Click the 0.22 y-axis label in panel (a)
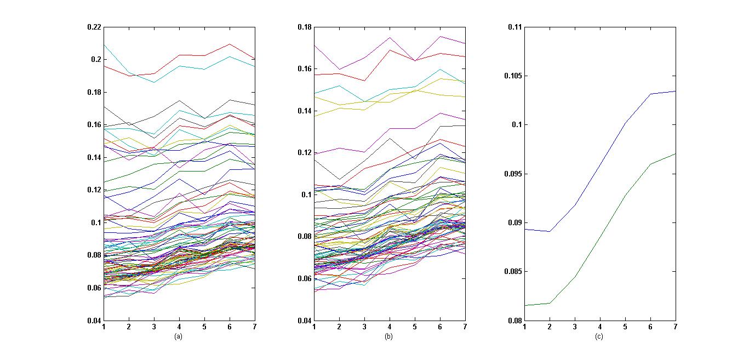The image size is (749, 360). pos(94,27)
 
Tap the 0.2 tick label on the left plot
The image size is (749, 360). pos(96,59)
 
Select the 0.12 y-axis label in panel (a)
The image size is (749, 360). pos(94,190)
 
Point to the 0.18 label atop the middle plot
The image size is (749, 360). pos(305,27)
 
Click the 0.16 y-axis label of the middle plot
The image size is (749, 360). pos(305,69)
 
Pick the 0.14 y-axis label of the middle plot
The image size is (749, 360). pos(305,111)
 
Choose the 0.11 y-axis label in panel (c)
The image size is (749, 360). pos(513,27)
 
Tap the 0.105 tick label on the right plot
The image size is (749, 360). pos(512,76)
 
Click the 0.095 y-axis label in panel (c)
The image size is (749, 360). pos(512,174)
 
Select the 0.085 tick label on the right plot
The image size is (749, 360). pos(512,272)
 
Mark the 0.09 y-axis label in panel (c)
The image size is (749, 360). pos(513,222)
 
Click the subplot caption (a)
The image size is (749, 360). pos(178,336)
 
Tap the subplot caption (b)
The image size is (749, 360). pos(388,336)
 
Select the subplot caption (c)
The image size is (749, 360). pos(599,336)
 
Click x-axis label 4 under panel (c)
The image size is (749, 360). pos(600,327)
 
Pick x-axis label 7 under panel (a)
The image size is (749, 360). pos(255,327)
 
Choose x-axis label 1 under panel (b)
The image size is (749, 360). pos(314,327)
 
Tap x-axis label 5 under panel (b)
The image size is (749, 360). pos(415,327)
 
